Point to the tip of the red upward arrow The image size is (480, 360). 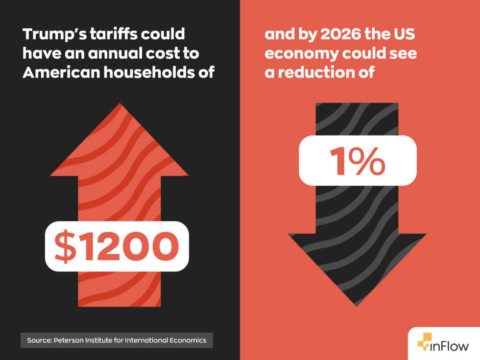point(119,104)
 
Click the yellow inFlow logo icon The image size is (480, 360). point(424,342)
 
